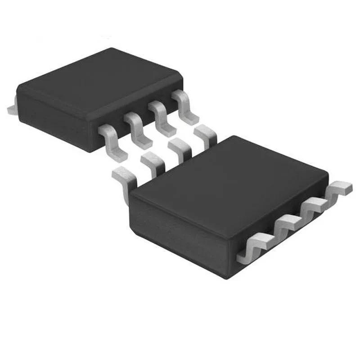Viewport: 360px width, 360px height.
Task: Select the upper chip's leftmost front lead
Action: (110, 142)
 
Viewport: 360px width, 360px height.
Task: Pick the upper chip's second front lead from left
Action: (137, 130)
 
